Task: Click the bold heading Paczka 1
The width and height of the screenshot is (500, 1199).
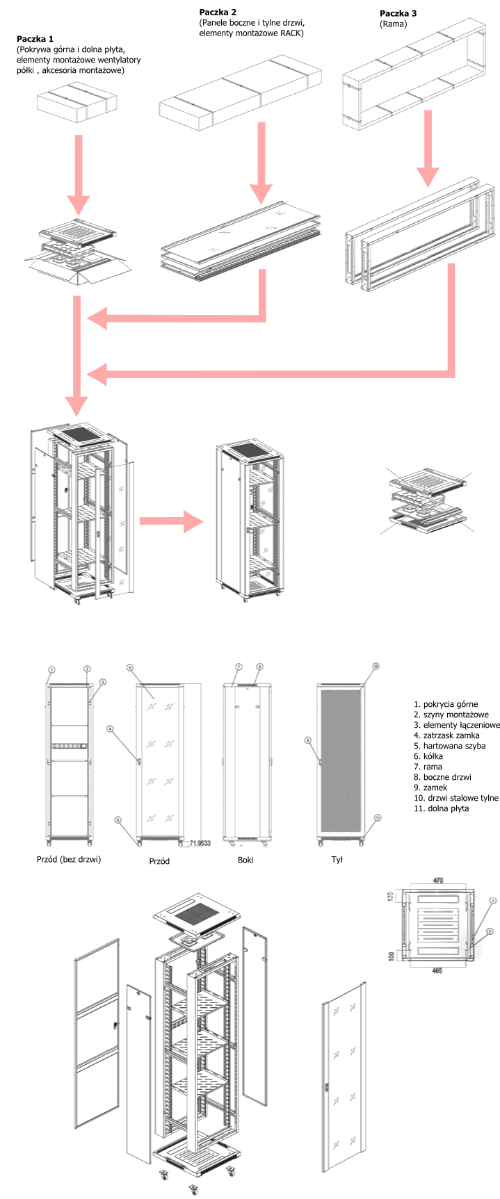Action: (x=35, y=39)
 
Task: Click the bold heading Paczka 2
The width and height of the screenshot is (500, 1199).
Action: (x=218, y=13)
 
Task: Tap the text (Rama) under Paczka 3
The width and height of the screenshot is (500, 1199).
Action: (x=394, y=24)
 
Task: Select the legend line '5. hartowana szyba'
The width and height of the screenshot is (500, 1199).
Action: (x=449, y=746)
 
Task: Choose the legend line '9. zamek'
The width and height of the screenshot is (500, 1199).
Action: (x=430, y=788)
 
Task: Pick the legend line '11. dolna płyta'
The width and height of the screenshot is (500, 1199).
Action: (x=441, y=808)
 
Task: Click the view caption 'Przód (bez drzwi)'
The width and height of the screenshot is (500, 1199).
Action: (x=69, y=859)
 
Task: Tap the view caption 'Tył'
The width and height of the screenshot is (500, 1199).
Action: (x=337, y=859)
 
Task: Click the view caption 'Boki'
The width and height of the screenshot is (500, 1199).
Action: (x=245, y=860)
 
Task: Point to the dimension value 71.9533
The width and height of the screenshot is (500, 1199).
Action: (x=200, y=843)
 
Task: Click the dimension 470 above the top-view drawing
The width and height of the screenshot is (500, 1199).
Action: (x=438, y=881)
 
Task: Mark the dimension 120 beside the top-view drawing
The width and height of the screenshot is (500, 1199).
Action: (x=391, y=897)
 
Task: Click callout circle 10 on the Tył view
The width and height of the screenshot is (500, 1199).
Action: (x=376, y=666)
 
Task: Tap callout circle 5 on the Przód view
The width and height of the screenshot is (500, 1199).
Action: (x=129, y=668)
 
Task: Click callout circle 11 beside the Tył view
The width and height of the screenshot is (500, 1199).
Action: (x=377, y=817)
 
